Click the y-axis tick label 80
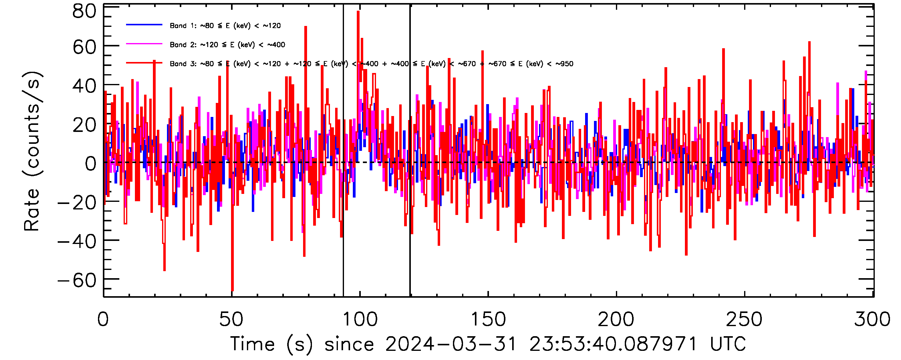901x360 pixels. coord(84,12)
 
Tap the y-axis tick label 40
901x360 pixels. coord(84,86)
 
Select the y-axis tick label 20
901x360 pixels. coord(84,125)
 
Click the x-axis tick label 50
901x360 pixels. coord(231,319)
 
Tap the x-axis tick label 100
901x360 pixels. coord(360,319)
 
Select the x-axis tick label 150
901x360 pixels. coord(488,319)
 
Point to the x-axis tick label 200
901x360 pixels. coord(616,319)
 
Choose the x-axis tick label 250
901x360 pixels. coord(744,319)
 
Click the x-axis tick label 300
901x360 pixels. coord(872,319)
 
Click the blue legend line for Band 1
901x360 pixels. coord(144,25)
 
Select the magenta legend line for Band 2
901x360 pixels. coord(144,44)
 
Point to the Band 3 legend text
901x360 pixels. coord(371,64)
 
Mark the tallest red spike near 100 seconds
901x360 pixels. coord(358,12)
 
